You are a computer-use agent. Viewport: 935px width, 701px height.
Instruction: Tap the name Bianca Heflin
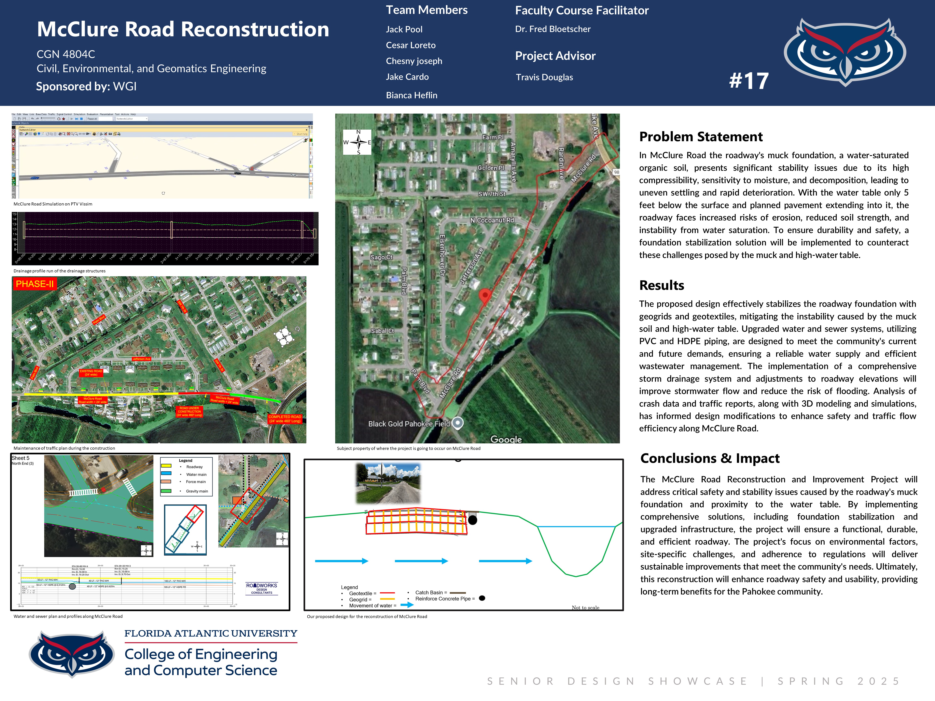click(411, 95)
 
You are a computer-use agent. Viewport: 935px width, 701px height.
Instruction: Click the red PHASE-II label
click(35, 284)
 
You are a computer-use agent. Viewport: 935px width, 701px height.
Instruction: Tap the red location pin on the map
click(485, 295)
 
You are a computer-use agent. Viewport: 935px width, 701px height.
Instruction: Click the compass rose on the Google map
click(358, 142)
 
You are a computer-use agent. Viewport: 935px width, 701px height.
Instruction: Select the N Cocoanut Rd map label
click(492, 220)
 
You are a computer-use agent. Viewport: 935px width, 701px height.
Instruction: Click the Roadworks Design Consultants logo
click(262, 588)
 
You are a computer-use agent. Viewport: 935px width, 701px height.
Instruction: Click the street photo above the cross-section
click(388, 483)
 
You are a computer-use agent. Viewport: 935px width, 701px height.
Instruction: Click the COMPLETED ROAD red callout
click(284, 419)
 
